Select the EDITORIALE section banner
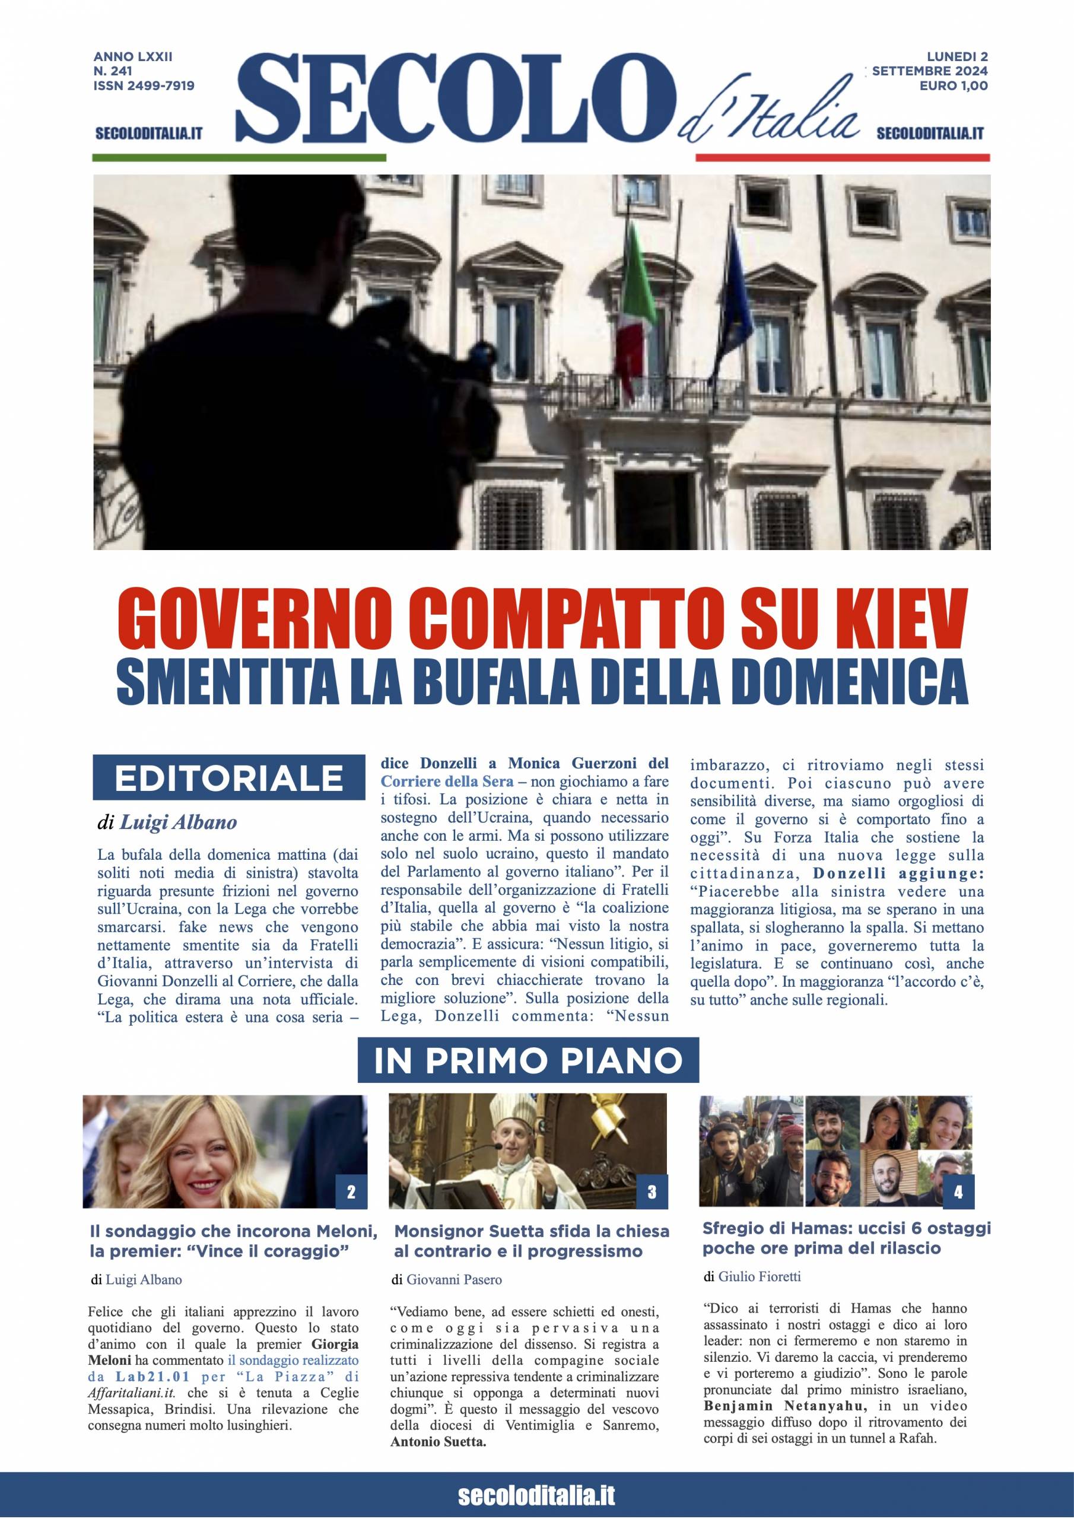[x=229, y=778]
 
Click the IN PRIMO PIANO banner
[x=528, y=1060]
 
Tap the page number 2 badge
[x=351, y=1192]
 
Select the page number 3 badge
[x=652, y=1192]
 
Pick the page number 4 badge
[x=958, y=1192]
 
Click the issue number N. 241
[x=113, y=71]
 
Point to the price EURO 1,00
[x=954, y=85]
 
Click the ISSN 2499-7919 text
[x=144, y=85]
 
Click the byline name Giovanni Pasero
[x=454, y=1279]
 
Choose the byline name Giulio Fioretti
[x=759, y=1276]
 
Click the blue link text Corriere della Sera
[x=447, y=781]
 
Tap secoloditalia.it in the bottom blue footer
[x=536, y=1494]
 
